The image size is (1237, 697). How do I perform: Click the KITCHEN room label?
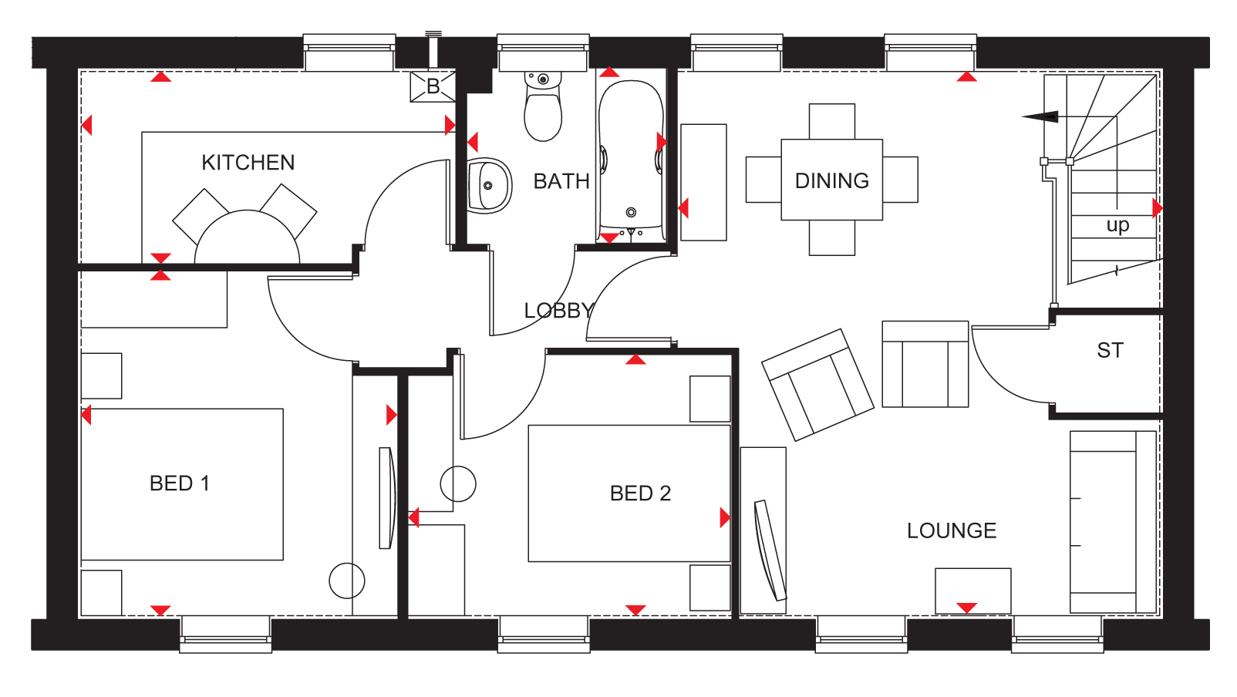coord(248,163)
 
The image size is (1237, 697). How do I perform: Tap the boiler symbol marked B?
coord(433,86)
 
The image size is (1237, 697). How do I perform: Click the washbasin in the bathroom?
coord(489,186)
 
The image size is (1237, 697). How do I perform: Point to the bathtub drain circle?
coord(631,212)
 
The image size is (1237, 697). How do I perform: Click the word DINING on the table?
coord(831,180)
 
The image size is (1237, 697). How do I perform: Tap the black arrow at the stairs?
coord(1040,116)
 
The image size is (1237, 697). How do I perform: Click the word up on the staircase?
coord(1117,225)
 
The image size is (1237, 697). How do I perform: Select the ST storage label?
coord(1110,350)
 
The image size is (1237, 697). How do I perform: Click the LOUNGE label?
coord(952,530)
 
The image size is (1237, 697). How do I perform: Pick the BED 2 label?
coord(640,493)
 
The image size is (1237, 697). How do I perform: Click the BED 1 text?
coord(180,483)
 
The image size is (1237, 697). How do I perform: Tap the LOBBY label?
coord(559,311)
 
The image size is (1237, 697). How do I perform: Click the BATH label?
coord(561,181)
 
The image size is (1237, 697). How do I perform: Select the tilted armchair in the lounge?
coord(817,385)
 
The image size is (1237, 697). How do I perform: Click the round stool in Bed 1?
coord(347,581)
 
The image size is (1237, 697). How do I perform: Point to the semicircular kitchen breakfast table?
coord(248,237)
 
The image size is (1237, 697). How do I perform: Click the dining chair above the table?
coord(831,122)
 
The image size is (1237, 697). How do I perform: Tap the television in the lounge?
coord(770,550)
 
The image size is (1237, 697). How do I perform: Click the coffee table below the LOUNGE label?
coord(973,591)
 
